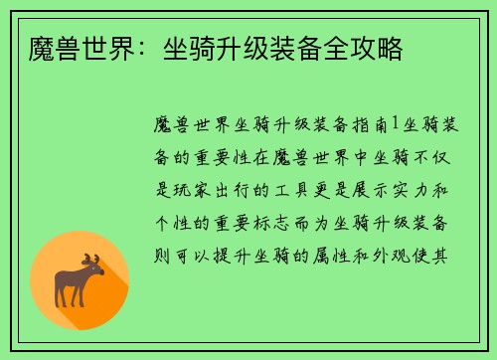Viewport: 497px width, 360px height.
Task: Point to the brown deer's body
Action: [78, 280]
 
